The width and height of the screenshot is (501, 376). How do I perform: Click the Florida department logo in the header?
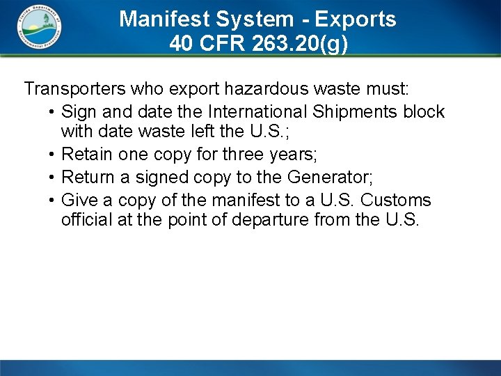pyautogui.click(x=39, y=28)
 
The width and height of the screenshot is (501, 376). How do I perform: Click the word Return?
pyautogui.click(x=88, y=178)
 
